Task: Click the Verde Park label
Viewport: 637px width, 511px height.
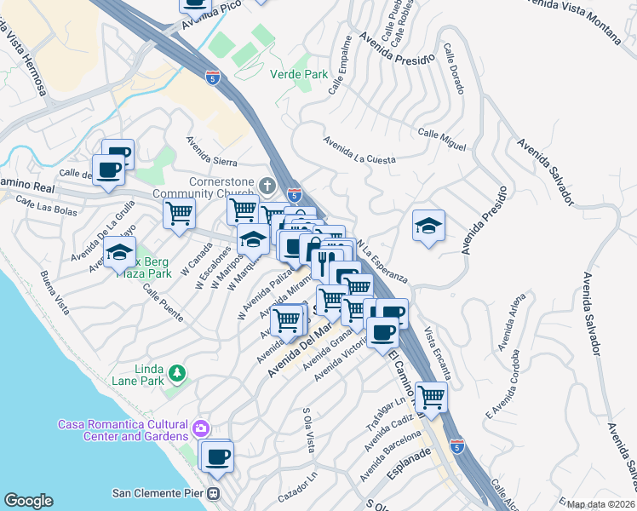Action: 299,74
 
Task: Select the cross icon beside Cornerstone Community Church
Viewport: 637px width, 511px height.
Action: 268,186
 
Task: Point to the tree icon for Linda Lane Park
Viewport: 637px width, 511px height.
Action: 176,373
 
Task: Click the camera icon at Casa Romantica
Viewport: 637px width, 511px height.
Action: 202,427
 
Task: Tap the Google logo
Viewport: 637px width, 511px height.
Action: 28,501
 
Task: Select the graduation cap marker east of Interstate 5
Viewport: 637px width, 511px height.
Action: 428,226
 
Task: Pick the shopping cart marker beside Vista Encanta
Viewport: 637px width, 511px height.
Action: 432,396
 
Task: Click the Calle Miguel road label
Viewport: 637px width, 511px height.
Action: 442,141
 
